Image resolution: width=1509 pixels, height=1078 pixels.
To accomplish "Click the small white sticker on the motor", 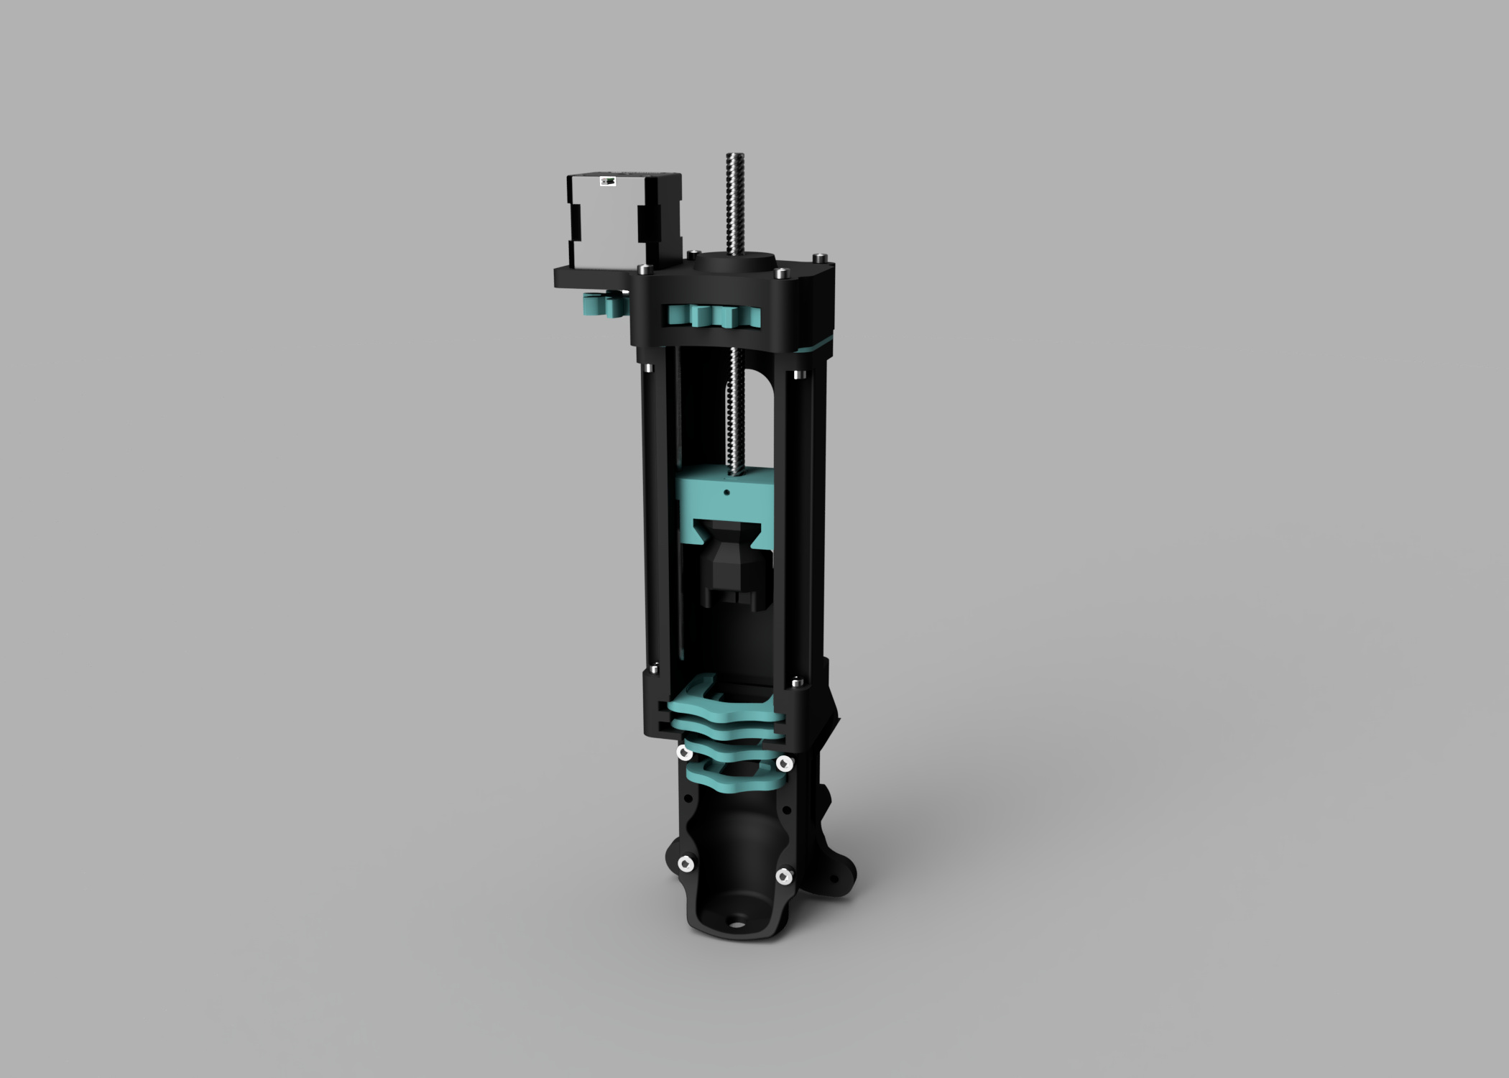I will (608, 182).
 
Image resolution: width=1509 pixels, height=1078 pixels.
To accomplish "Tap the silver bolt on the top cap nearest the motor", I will (642, 269).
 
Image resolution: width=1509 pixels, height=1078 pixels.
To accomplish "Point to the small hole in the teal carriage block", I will (726, 493).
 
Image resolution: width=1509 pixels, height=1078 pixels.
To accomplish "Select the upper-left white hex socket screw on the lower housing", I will (685, 752).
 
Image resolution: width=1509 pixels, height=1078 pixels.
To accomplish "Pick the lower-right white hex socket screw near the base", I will (783, 876).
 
